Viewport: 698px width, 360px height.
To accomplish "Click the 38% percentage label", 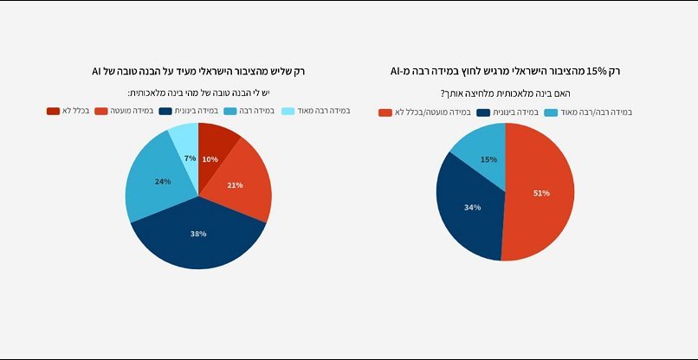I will click(x=198, y=234).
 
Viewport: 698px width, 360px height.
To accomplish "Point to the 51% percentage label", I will click(x=541, y=193).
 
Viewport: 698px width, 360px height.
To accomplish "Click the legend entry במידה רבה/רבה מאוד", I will click(x=589, y=112).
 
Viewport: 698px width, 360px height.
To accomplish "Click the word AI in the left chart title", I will click(x=98, y=71).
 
